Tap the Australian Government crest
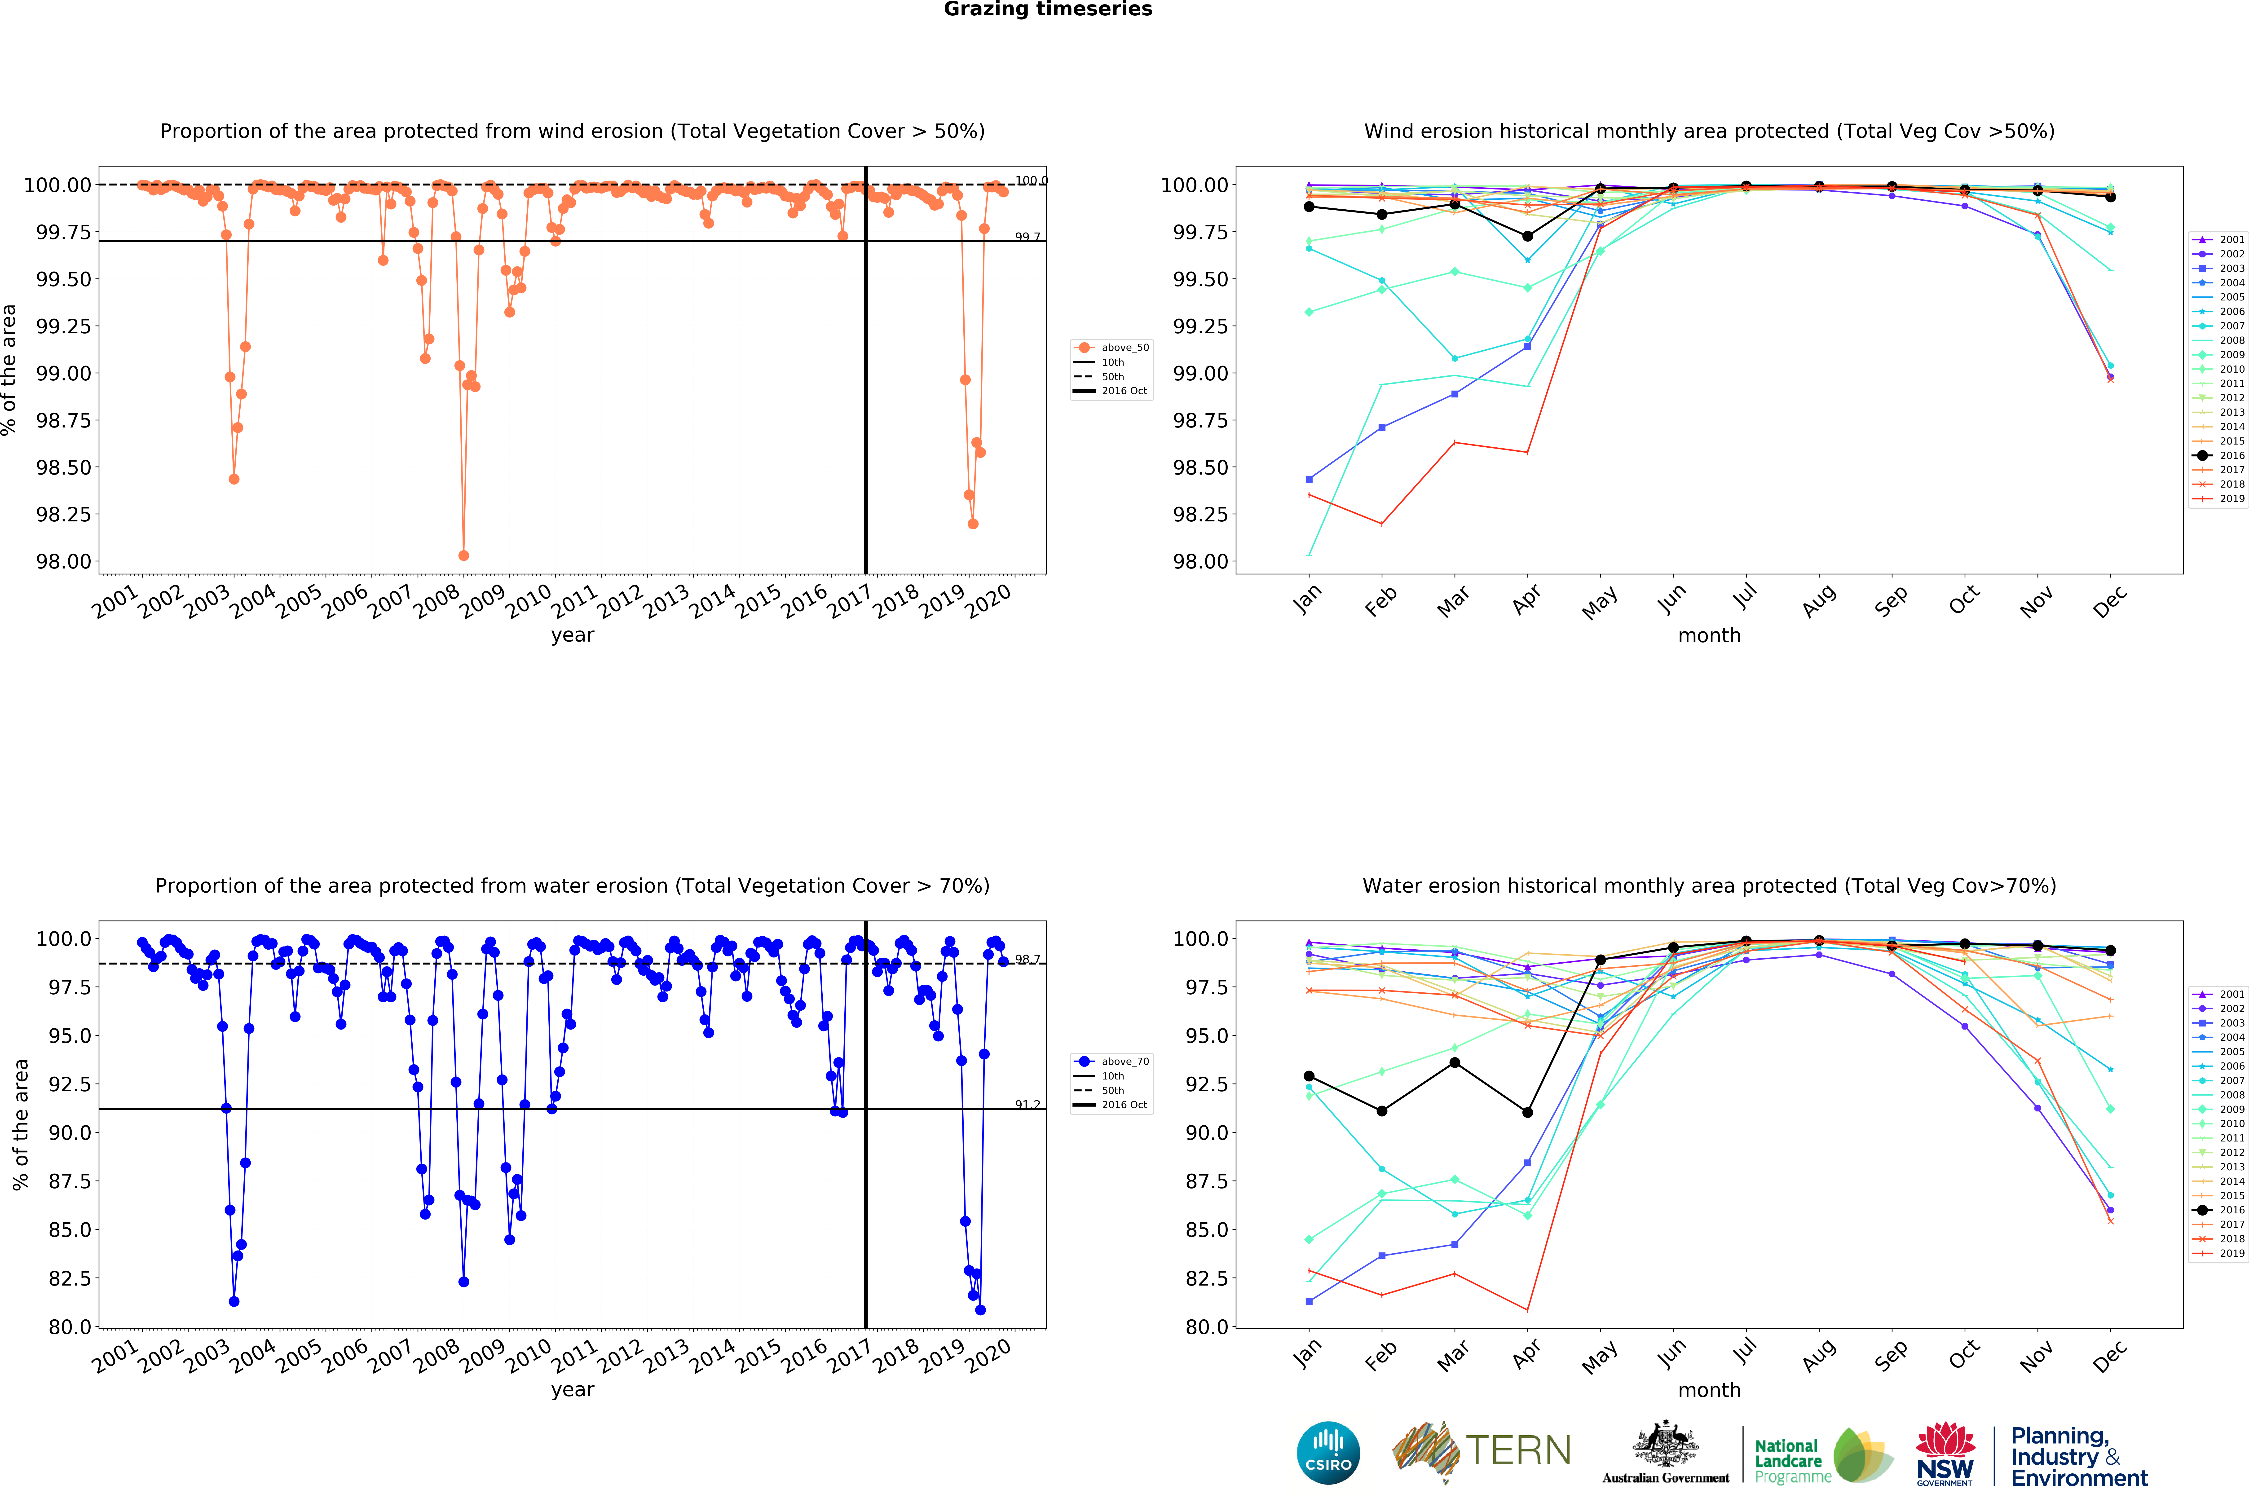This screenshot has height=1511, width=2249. (x=1665, y=1445)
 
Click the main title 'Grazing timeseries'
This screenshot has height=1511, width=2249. (x=1047, y=10)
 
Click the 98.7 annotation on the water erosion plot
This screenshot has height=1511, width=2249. (x=1027, y=960)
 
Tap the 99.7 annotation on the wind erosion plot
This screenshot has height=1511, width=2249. (x=1027, y=237)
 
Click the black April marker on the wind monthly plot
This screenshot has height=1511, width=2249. (x=1527, y=236)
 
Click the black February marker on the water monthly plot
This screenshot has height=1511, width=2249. (x=1382, y=1111)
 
